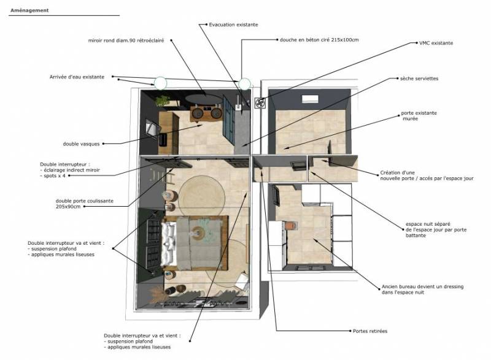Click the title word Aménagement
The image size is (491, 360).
pyautogui.click(x=29, y=10)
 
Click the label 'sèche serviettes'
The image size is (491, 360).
pyautogui.click(x=419, y=79)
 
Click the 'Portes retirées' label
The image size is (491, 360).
pyautogui.click(x=370, y=331)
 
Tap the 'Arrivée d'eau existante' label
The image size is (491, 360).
pyautogui.click(x=77, y=77)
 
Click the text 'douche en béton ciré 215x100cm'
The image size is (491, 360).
pyautogui.click(x=319, y=40)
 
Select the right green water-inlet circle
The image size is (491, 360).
pyautogui.click(x=245, y=83)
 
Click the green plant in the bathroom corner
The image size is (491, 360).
pyautogui.click(x=161, y=99)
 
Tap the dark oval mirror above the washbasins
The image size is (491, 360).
pyautogui.click(x=204, y=98)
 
